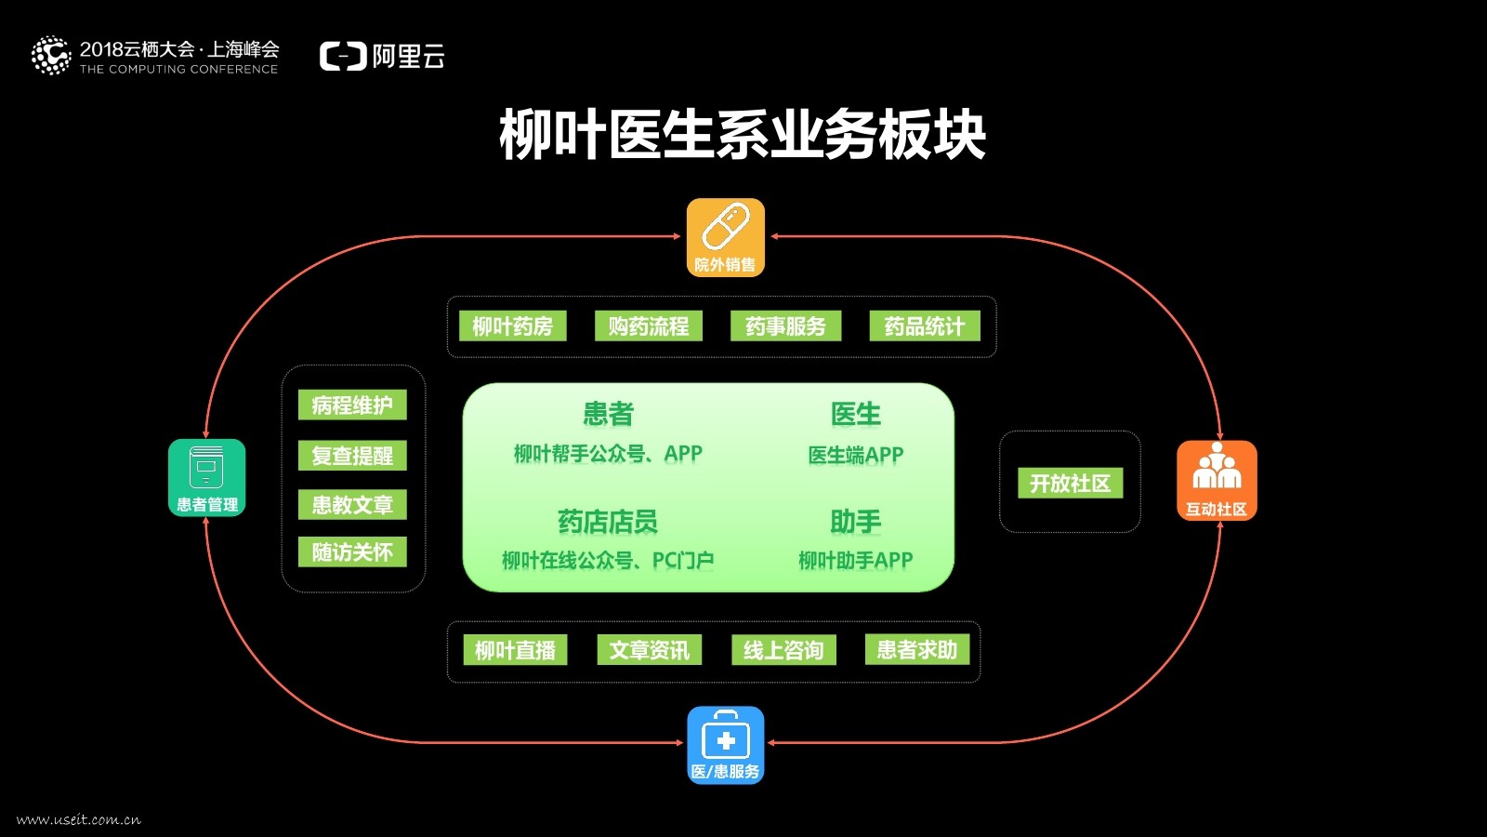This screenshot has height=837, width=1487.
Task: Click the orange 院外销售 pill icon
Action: coord(725,237)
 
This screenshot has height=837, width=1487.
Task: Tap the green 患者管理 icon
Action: coord(206,477)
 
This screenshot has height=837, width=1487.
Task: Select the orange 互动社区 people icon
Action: coord(1217,480)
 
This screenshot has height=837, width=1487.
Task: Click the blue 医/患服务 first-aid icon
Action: coord(725,745)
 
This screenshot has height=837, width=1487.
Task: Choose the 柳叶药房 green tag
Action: coord(512,326)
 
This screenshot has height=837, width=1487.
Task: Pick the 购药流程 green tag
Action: coord(648,326)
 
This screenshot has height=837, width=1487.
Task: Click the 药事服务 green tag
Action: coord(785,326)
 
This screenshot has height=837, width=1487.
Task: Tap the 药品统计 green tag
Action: coord(924,326)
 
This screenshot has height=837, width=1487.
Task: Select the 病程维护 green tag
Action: coord(352,405)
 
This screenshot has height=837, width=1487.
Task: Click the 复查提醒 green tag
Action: coord(352,456)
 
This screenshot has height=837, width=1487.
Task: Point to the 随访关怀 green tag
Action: coord(352,552)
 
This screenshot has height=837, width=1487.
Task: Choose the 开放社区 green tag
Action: coord(1070,484)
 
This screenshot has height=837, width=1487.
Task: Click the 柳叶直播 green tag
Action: coord(515,650)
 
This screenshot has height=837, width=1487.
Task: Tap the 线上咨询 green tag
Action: coord(783,650)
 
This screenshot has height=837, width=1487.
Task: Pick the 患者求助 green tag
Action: coord(916,649)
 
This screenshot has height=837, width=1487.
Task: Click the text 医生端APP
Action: coord(855,455)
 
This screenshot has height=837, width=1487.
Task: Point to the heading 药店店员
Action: coord(607,522)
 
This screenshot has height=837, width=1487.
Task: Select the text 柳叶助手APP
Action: coord(855,560)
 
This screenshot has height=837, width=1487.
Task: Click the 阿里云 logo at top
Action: coord(382,57)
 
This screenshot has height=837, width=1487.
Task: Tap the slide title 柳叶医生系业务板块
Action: coord(742,136)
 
